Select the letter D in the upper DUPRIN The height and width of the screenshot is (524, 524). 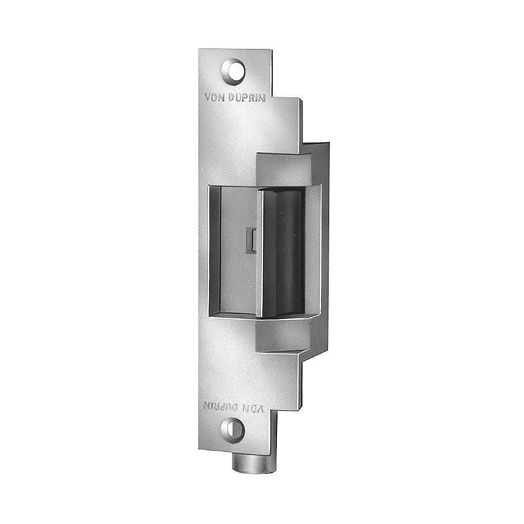(x=234, y=100)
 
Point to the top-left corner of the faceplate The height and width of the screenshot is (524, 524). (x=200, y=50)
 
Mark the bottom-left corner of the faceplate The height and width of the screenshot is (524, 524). (x=200, y=448)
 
